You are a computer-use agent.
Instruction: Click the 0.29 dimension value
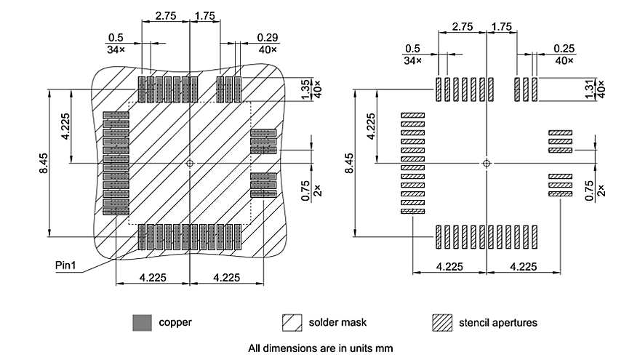(x=268, y=36)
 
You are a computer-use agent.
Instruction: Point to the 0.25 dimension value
(x=564, y=48)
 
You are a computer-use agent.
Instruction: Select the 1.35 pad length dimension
(x=305, y=84)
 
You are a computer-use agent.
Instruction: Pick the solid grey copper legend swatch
(x=143, y=321)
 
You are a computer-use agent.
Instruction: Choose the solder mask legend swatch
(x=293, y=321)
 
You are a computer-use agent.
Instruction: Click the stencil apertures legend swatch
(x=442, y=321)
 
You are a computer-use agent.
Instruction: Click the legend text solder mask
(x=335, y=321)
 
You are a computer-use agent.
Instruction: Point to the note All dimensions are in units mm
(x=320, y=348)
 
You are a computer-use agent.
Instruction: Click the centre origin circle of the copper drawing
(x=190, y=163)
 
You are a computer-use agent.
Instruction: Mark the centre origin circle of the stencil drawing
(x=486, y=163)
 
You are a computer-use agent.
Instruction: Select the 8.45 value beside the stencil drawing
(x=349, y=162)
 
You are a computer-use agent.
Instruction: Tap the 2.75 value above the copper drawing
(x=166, y=15)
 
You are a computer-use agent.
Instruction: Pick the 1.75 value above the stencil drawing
(x=502, y=26)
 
